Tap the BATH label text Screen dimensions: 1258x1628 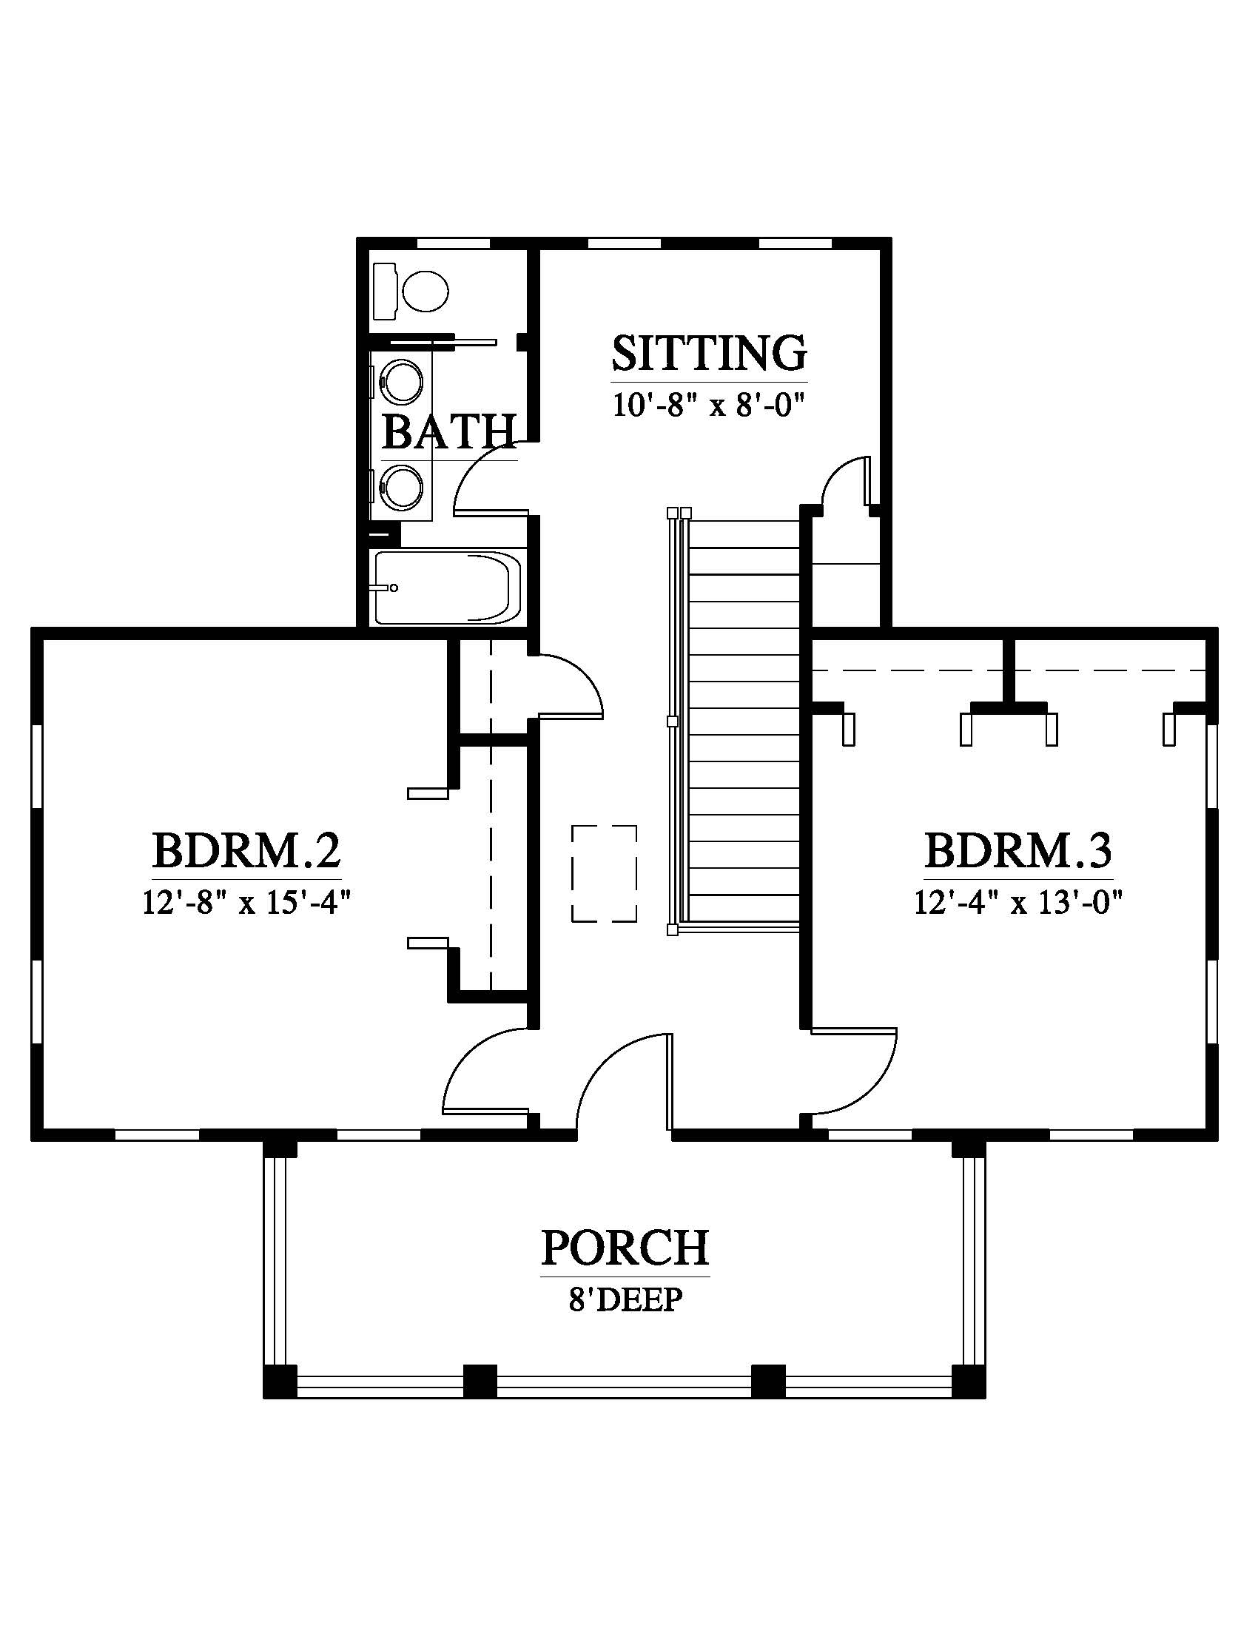[x=449, y=432]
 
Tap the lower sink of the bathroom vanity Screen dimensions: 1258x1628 [x=403, y=488]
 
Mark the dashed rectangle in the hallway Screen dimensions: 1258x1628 [x=605, y=874]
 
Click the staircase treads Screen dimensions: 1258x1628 [x=744, y=722]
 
